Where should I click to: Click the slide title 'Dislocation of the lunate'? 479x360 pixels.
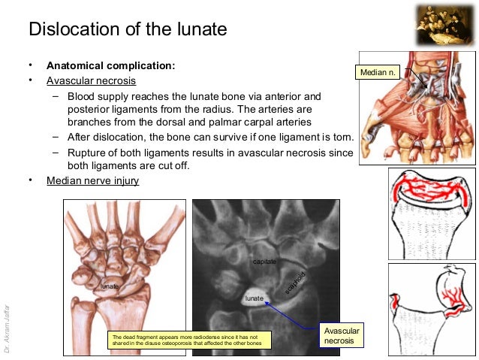(x=128, y=31)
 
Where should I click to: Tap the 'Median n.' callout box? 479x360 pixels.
(x=378, y=72)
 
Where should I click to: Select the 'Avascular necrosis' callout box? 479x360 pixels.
(x=341, y=336)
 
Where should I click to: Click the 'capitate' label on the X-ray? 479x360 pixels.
(x=264, y=261)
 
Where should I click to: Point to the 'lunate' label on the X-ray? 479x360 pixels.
(x=255, y=298)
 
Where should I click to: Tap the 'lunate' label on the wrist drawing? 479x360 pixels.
(x=110, y=286)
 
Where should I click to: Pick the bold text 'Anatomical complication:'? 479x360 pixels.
(x=110, y=65)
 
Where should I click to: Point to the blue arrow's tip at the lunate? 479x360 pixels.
(x=267, y=299)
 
